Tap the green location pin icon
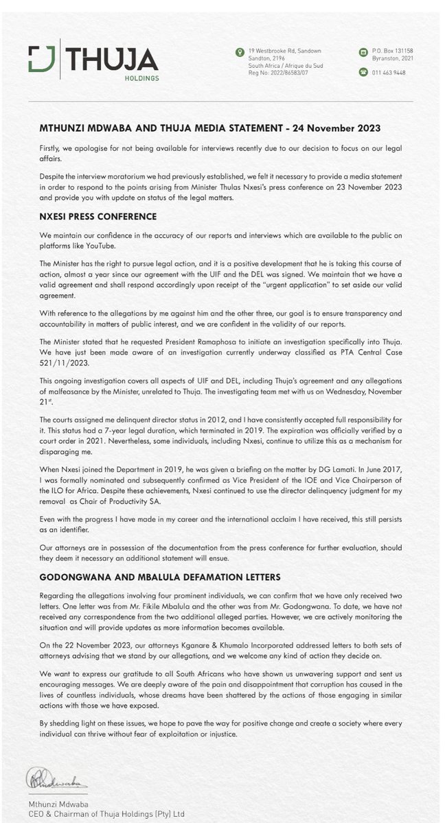click(x=240, y=52)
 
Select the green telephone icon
click(x=363, y=72)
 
